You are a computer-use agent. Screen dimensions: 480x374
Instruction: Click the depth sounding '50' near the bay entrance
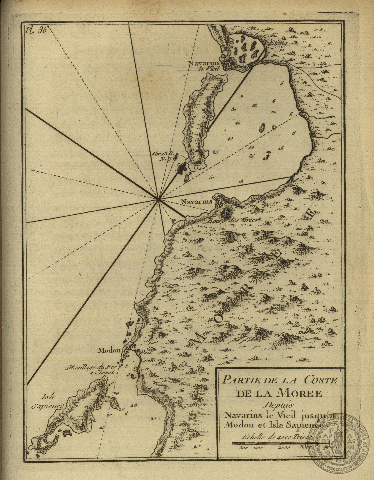212,178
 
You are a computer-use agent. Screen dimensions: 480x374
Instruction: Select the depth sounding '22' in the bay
254,105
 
